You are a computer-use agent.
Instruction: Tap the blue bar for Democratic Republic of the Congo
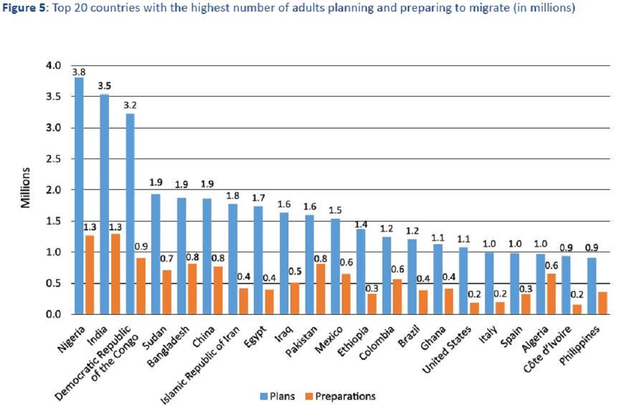pos(130,214)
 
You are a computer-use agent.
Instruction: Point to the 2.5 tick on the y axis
pos(53,159)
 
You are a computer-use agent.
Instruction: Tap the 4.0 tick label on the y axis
pos(53,66)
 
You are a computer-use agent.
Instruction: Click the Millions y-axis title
pos(26,189)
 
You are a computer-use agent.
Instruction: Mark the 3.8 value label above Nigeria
pos(78,72)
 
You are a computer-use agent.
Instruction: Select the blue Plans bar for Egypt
pos(258,260)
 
